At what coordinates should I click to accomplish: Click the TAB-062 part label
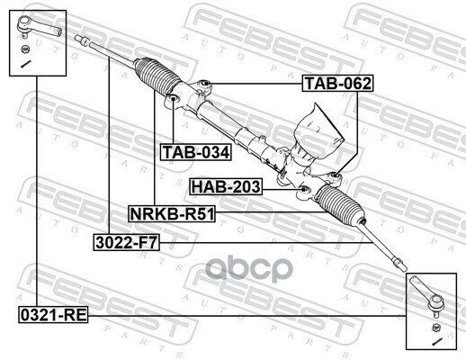point(336,85)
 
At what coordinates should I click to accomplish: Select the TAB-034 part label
point(195,152)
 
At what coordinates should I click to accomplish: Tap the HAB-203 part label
point(226,187)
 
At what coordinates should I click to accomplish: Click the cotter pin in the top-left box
point(26,64)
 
